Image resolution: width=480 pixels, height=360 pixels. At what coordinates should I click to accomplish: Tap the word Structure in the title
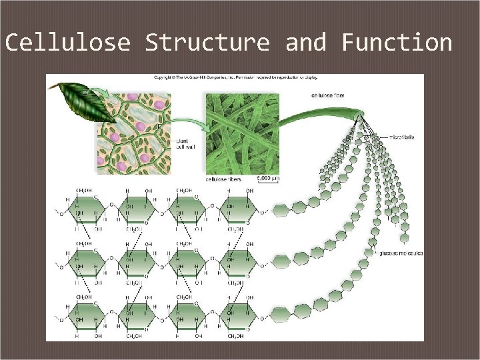(x=208, y=43)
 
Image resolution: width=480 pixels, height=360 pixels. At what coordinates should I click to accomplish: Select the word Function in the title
(x=397, y=43)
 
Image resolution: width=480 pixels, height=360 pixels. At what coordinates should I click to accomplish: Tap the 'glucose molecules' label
(x=401, y=253)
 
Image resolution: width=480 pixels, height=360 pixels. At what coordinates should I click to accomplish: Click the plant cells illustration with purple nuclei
(x=134, y=129)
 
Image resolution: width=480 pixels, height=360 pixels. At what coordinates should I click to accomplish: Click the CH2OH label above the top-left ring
(x=83, y=191)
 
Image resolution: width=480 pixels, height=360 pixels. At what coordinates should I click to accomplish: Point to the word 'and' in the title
(x=306, y=43)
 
